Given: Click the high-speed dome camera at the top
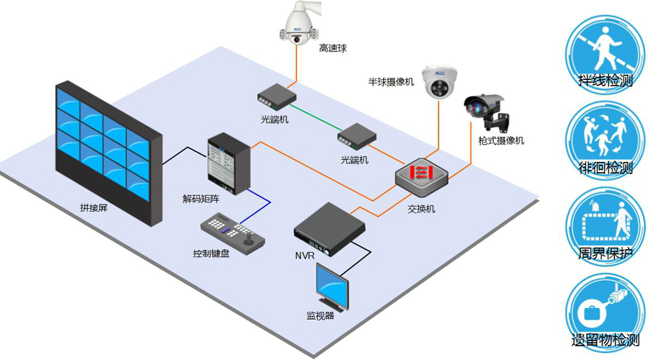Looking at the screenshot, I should (x=298, y=24).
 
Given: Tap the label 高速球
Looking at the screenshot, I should (x=333, y=48).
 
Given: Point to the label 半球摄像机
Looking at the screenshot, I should (x=391, y=82).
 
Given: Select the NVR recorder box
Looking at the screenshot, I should (x=329, y=228).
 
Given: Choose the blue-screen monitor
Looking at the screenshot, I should (x=333, y=288).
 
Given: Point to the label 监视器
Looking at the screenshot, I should (x=320, y=315).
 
